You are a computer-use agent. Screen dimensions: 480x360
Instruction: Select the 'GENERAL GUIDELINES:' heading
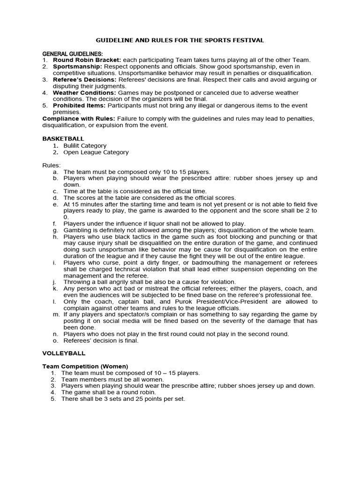[73, 54]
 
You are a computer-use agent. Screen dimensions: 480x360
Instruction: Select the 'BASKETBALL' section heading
[63, 139]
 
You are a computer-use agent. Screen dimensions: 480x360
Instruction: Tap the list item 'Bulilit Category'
[85, 146]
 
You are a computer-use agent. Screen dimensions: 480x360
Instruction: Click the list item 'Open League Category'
[96, 152]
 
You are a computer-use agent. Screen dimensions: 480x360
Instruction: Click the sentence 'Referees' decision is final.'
[101, 341]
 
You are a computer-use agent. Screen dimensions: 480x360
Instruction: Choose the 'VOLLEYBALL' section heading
[64, 353]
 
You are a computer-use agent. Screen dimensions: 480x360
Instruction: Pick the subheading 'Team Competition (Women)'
[85, 366]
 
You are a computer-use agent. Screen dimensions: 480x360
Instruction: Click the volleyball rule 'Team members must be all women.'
[112, 379]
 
